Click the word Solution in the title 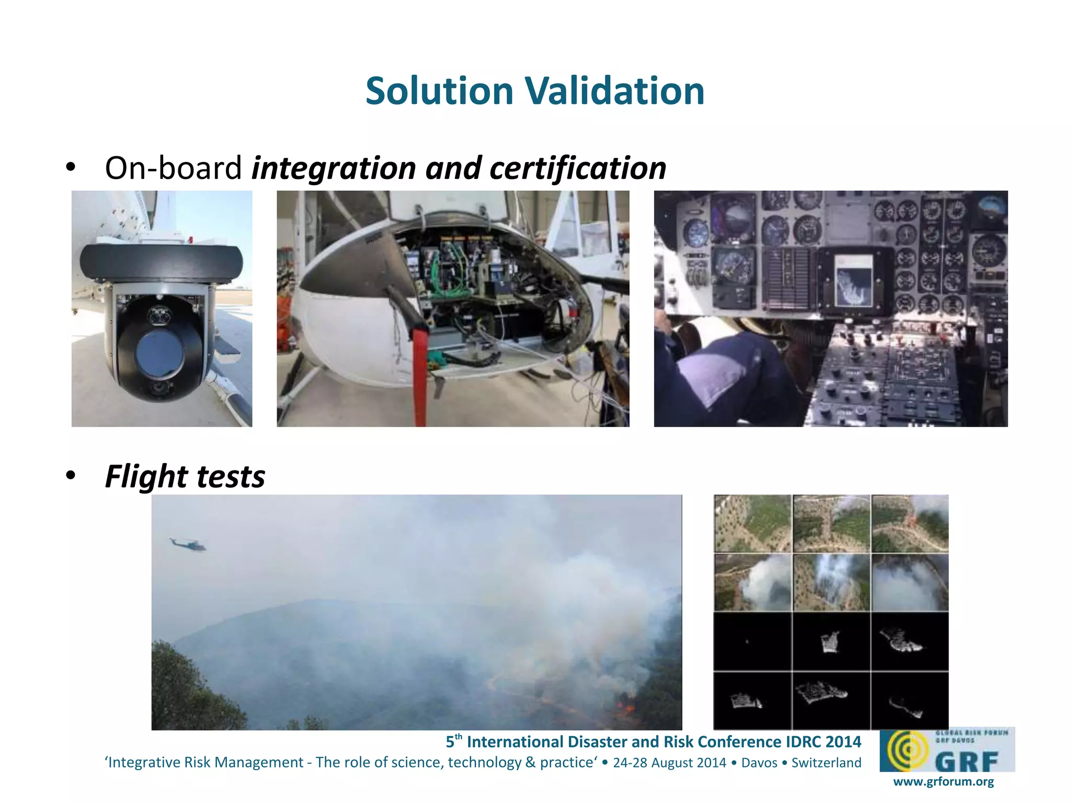tap(439, 91)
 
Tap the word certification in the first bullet tap(578, 168)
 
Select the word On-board tap(173, 168)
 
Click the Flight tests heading tap(185, 476)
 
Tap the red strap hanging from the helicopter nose tap(419, 376)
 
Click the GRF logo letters tap(966, 761)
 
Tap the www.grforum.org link tap(943, 782)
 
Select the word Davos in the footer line tap(759, 763)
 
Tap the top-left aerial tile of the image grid tap(753, 523)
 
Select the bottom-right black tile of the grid tap(909, 701)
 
